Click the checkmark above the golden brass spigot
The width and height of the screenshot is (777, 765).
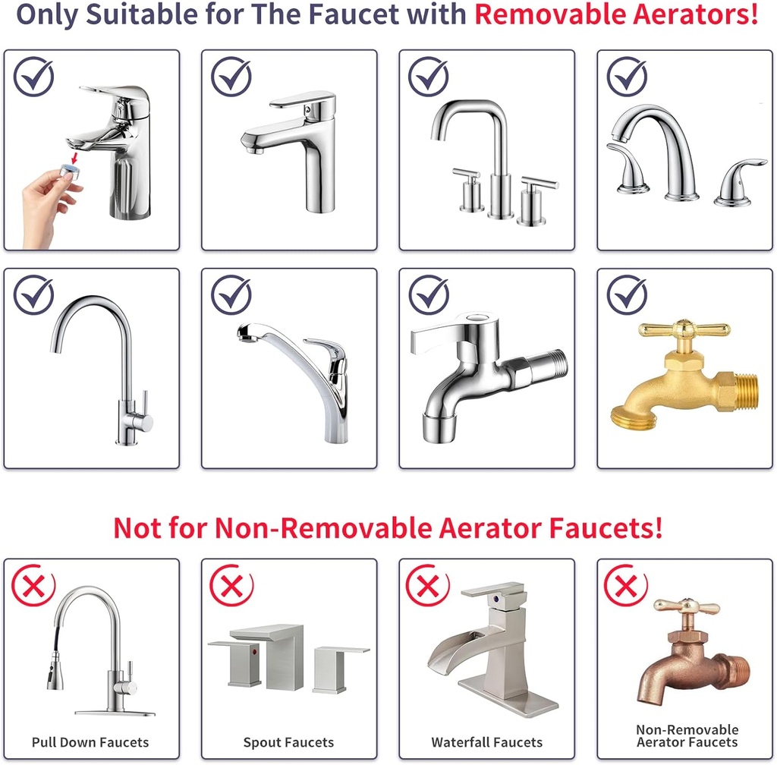(x=627, y=295)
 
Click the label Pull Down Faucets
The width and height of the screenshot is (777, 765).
(x=90, y=742)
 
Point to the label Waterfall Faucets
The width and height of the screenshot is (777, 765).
(x=487, y=742)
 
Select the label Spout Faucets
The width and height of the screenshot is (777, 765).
(x=288, y=742)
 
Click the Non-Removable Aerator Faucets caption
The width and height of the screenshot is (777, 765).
(x=687, y=735)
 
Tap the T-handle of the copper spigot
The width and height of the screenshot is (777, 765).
(x=687, y=607)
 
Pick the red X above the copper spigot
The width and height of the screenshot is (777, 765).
(x=625, y=585)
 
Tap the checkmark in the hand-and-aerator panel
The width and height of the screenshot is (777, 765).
(x=33, y=76)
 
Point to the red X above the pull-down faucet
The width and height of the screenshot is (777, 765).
(x=33, y=585)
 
